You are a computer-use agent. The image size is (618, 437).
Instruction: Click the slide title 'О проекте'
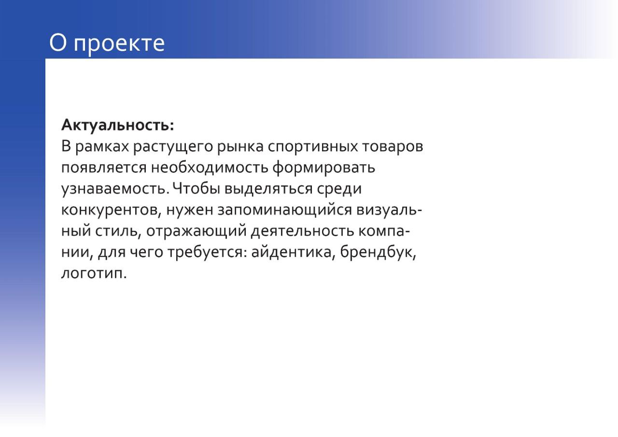tap(107, 43)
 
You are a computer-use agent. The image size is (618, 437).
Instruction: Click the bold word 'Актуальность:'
tap(117, 125)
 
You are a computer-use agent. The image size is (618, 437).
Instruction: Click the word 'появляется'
tap(103, 168)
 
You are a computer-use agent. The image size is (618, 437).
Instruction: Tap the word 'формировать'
tap(323, 168)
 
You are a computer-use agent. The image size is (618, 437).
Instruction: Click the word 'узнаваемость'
tap(114, 189)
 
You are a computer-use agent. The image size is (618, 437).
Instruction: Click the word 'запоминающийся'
tap(284, 211)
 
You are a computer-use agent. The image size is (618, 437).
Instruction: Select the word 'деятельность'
tap(302, 231)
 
